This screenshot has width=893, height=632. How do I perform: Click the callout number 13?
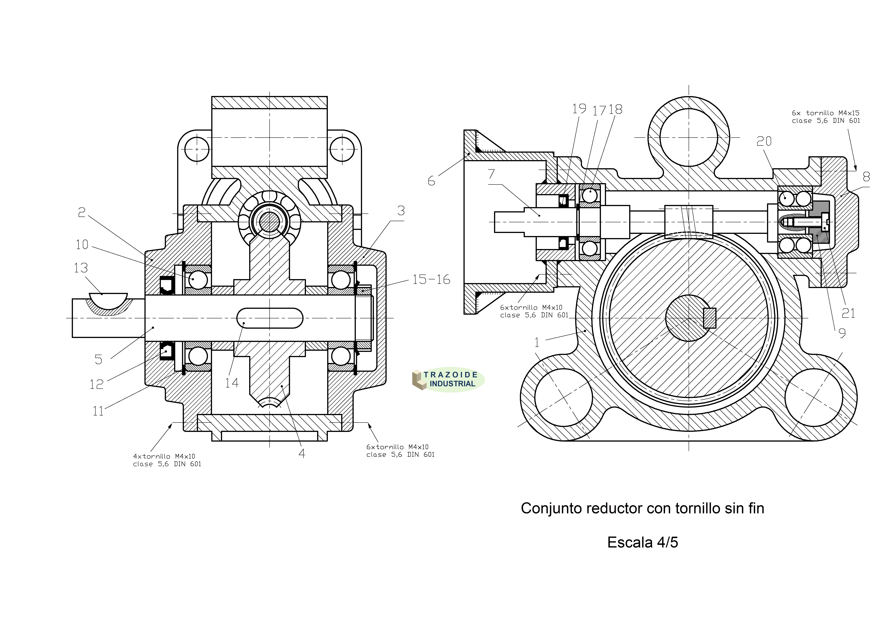(81, 268)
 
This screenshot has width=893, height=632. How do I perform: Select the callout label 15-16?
(431, 279)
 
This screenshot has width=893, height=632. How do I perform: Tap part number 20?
(764, 141)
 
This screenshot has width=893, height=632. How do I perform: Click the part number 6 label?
(431, 181)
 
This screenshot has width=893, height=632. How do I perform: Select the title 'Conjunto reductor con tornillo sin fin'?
(643, 508)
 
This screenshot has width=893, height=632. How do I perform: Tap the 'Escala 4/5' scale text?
(643, 542)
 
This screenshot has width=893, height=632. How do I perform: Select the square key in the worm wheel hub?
(710, 318)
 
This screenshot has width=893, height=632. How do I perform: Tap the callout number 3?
(401, 211)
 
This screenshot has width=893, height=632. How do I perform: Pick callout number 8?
(866, 177)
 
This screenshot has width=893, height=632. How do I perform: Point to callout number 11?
(98, 411)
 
